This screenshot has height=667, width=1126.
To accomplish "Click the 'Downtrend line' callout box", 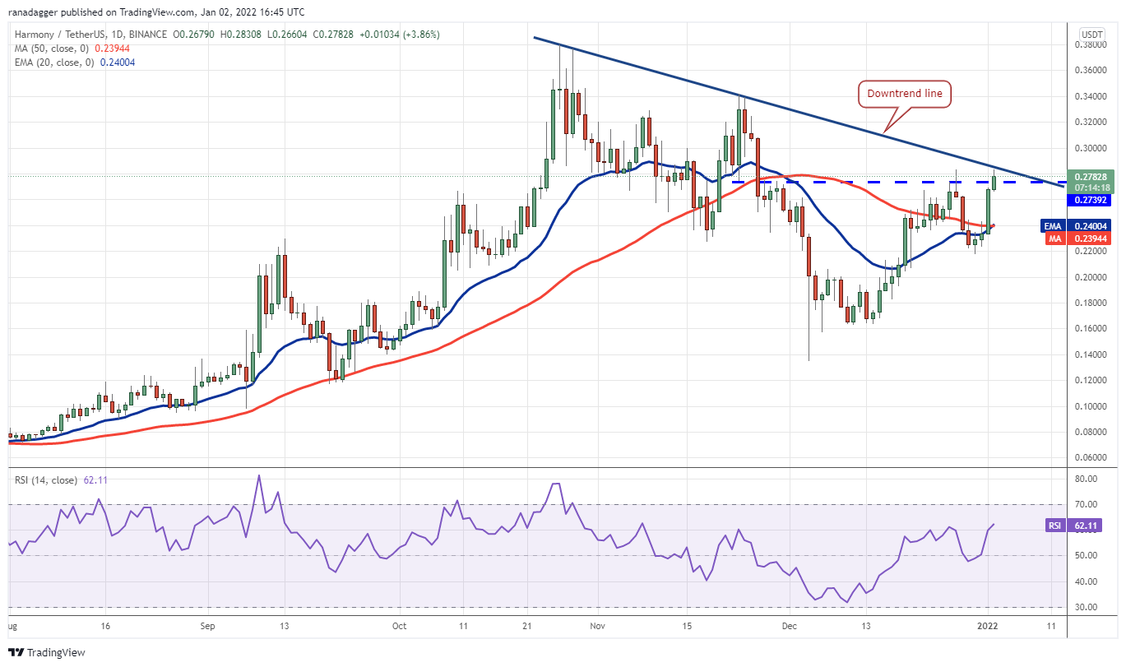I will coord(905,94).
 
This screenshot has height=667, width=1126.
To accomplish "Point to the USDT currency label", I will coord(1092,35).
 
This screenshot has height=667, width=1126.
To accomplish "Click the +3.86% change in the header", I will coord(422,35).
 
